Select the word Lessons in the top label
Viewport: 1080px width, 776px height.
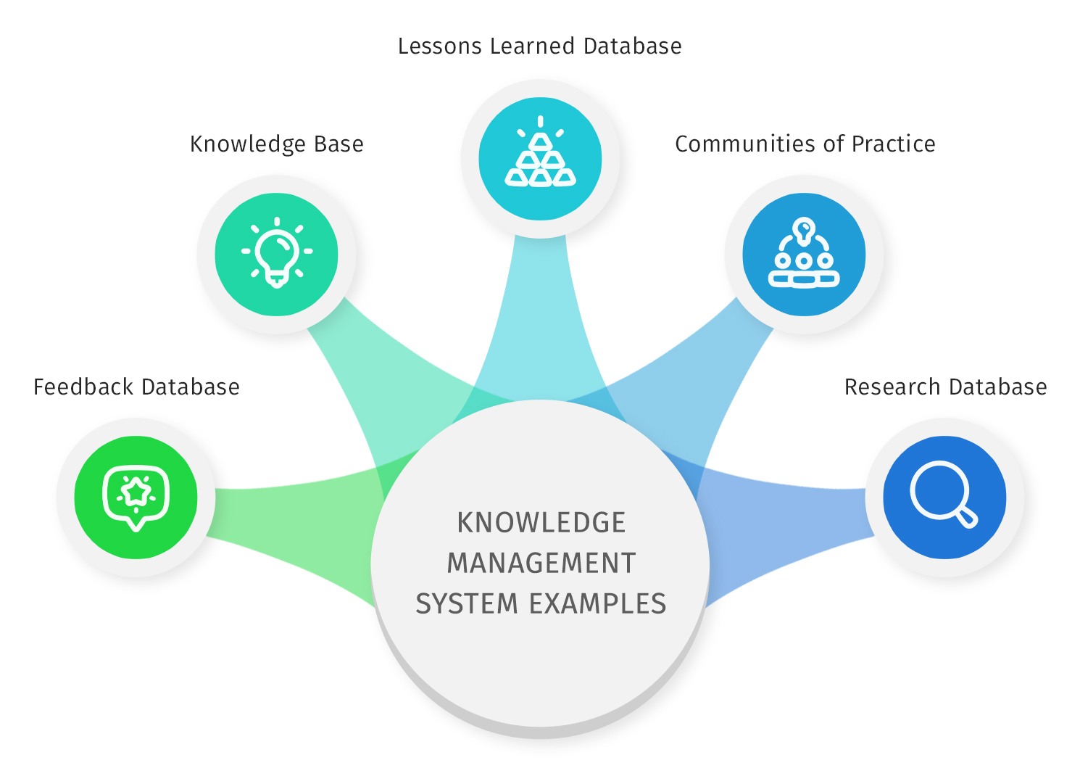pos(440,46)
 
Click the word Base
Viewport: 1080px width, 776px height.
pos(338,144)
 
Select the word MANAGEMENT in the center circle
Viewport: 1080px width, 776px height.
pos(541,564)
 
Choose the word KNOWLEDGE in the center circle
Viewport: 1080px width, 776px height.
pos(541,523)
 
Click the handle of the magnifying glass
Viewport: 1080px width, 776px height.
pos(967,518)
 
